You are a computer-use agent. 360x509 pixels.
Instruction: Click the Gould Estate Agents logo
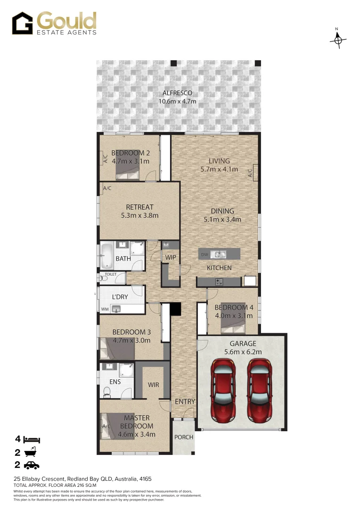(54, 23)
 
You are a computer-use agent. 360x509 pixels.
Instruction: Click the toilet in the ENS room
(106, 392)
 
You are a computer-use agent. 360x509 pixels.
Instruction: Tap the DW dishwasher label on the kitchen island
(204, 254)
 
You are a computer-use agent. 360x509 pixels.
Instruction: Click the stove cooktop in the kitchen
(219, 282)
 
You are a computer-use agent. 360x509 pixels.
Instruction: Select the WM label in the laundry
(104, 309)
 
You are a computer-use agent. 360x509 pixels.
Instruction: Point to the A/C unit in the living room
(255, 172)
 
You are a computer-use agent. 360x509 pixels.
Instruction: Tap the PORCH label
(184, 437)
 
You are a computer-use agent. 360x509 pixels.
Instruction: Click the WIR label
(153, 385)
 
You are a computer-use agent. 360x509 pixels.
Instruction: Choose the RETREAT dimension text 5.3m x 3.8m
(139, 215)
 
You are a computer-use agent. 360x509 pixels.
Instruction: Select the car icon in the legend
(32, 466)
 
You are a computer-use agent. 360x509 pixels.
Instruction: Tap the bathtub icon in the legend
(32, 452)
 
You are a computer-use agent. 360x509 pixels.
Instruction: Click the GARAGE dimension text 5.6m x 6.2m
(243, 352)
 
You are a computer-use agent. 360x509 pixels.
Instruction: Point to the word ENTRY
(185, 402)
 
